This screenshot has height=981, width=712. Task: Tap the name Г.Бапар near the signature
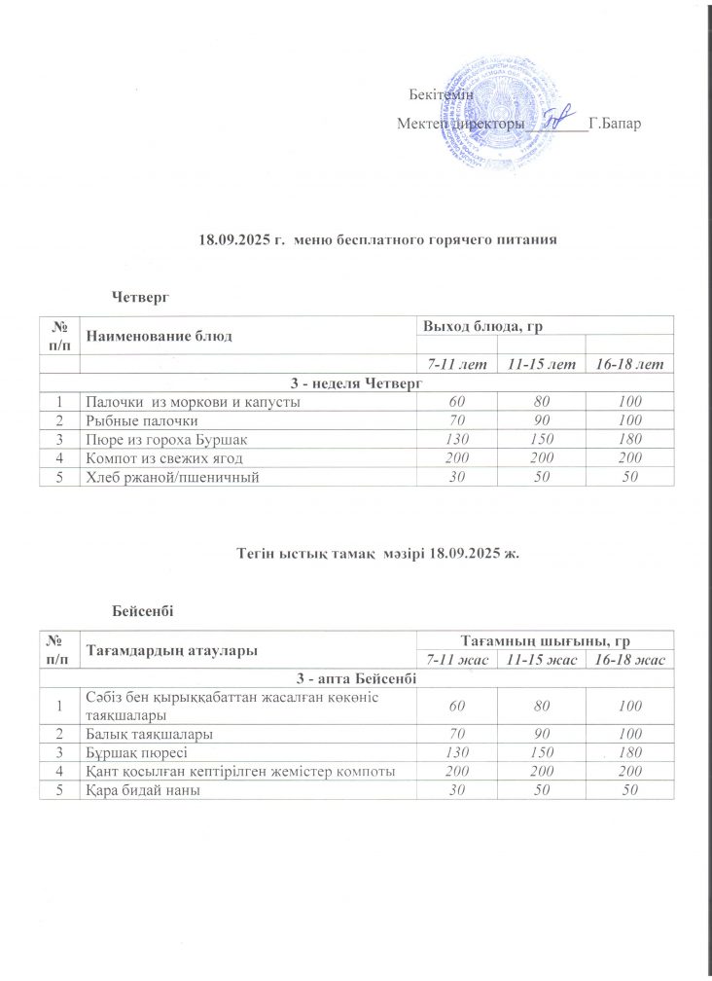(616, 126)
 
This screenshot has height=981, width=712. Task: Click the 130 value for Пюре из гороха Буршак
(449, 439)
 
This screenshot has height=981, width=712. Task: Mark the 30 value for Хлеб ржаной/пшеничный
(449, 476)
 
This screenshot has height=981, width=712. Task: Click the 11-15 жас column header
(538, 661)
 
